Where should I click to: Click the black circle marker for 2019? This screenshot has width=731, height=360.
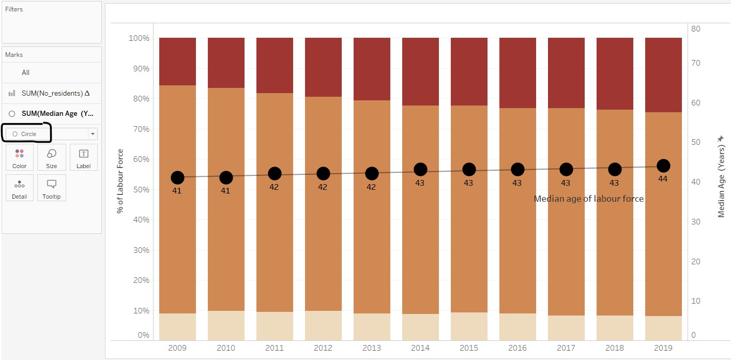pos(663,166)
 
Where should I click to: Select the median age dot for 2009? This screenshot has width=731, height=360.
pos(177,177)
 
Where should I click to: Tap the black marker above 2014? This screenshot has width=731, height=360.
pos(420,169)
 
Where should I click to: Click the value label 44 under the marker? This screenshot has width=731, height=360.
pos(663,178)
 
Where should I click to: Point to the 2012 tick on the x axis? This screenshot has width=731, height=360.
pos(323,348)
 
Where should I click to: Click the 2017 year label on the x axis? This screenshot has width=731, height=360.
pos(566,348)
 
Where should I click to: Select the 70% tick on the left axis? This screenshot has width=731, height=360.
pos(139,129)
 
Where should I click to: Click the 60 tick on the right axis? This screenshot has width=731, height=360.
pos(695,102)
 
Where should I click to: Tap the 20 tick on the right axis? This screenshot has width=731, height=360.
pos(695,261)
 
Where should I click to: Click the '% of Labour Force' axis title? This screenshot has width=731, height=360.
pos(120,181)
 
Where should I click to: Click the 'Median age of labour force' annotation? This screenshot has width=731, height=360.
pos(588,199)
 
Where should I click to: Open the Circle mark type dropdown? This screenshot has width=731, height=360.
pos(93,134)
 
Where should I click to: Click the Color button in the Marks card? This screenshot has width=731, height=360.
pos(20,158)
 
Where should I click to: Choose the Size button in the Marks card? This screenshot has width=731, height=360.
pos(52,158)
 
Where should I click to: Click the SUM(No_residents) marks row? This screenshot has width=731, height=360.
pos(52,93)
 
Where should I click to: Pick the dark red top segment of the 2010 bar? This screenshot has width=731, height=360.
pos(226,62)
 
